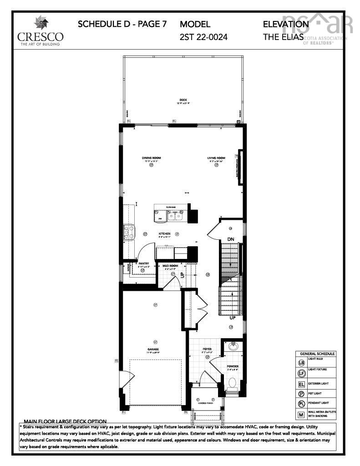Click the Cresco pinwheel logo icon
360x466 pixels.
[40, 23]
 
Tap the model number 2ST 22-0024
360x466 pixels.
[203, 37]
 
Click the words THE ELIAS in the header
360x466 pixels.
[283, 37]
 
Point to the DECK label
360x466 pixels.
[183, 100]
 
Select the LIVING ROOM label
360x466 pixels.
[216, 158]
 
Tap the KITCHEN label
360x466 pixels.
[164, 233]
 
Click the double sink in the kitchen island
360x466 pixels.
[175, 216]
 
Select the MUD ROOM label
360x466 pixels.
[171, 265]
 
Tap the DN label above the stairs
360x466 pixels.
[231, 239]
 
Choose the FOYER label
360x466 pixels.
[207, 349]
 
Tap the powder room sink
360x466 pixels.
[233, 346]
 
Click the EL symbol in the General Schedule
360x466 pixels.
[301, 384]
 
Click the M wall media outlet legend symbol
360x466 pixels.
[301, 415]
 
